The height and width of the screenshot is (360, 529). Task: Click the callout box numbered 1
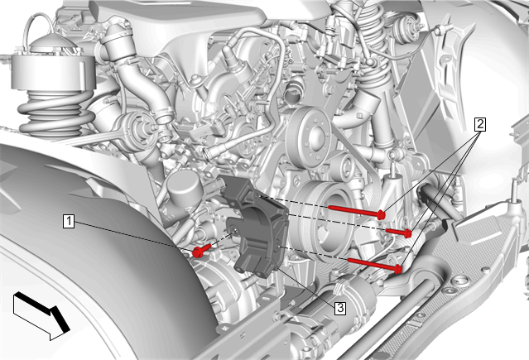[x=69, y=222]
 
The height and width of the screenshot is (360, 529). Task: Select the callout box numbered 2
[x=480, y=124]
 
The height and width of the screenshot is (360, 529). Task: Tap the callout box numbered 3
[x=340, y=308]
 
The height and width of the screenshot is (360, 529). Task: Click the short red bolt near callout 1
[x=202, y=250]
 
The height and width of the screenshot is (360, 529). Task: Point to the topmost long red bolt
[x=357, y=210]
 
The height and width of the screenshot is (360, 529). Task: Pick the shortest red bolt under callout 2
[x=398, y=233]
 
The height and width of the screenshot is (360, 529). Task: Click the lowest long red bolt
[x=374, y=265]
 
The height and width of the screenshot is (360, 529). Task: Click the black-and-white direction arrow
[x=41, y=316]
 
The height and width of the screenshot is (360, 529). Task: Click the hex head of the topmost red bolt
[x=382, y=214]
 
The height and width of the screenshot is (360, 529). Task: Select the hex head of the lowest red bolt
[x=398, y=269]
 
